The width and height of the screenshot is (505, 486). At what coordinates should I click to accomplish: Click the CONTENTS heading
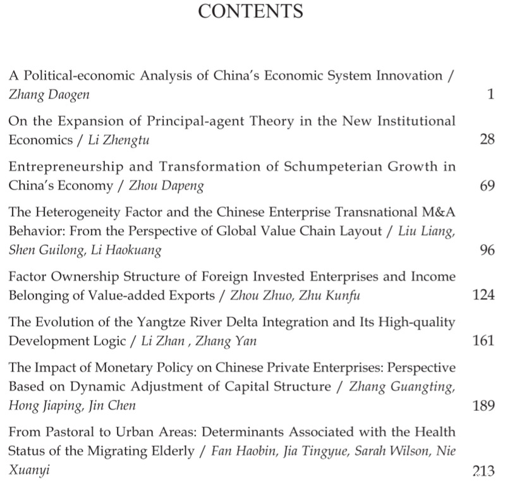(251, 11)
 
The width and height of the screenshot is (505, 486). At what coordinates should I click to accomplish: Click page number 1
(490, 94)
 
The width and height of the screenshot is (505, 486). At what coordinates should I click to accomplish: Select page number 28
(487, 140)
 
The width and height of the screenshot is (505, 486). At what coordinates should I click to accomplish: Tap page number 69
(487, 186)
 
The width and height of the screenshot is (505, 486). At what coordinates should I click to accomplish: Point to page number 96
(487, 250)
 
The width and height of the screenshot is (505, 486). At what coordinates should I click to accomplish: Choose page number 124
(484, 295)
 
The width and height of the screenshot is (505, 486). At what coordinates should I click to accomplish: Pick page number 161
(484, 341)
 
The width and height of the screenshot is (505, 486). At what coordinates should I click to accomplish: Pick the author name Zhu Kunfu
(319, 295)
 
